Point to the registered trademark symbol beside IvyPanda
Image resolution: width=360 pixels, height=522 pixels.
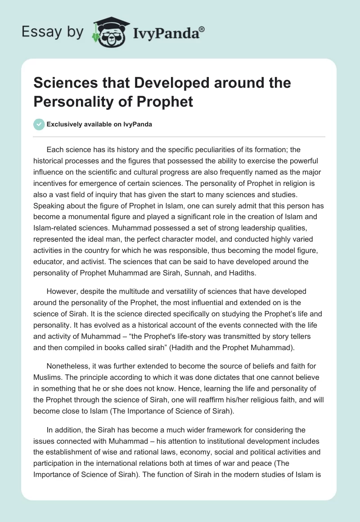point(202,28)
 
